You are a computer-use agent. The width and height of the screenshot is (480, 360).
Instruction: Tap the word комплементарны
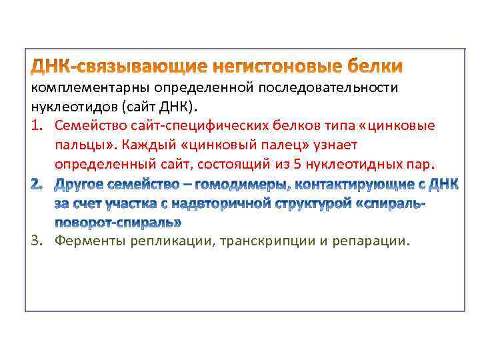tap(91, 88)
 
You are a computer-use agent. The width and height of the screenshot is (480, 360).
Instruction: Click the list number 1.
tap(37, 125)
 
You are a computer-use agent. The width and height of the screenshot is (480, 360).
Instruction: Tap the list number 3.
tap(37, 241)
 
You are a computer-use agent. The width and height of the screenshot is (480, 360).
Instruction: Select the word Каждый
tap(145, 145)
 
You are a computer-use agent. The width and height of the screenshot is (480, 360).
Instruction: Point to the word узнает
tap(337, 145)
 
